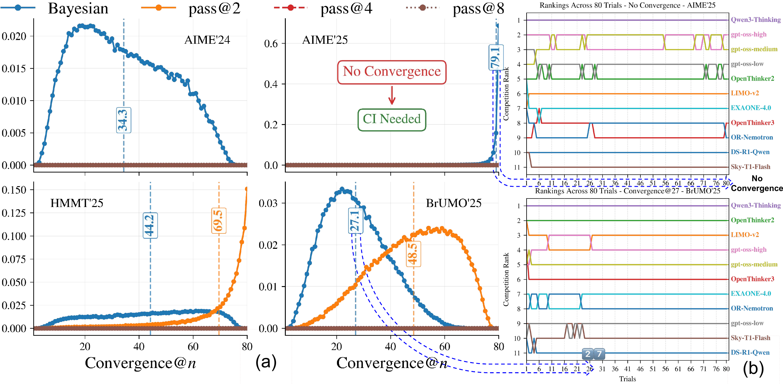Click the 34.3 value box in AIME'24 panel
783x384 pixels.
(x=124, y=120)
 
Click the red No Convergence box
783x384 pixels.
(x=391, y=72)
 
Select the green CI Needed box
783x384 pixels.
(x=391, y=120)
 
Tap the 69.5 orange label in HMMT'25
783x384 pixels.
(x=219, y=221)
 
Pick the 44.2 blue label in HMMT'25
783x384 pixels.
(x=150, y=225)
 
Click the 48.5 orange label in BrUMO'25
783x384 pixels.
(x=413, y=254)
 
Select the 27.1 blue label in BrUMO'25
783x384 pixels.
(x=355, y=221)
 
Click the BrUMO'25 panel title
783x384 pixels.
(x=453, y=203)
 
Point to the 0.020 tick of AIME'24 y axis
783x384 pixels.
(x=14, y=36)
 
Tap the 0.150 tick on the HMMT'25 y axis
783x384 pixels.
(x=14, y=190)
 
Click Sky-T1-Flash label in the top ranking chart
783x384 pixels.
(x=750, y=167)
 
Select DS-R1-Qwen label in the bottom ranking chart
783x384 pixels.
(x=750, y=353)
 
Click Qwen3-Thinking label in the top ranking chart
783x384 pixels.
(x=756, y=20)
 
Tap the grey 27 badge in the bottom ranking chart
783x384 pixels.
(x=593, y=354)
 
